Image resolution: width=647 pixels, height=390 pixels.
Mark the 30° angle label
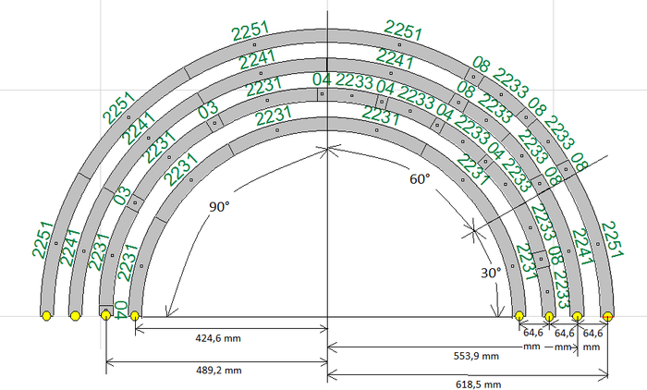490,273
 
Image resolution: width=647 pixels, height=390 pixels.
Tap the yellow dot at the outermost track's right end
607,316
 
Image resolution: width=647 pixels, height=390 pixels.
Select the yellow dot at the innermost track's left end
135,316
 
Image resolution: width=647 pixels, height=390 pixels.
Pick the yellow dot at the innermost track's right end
519,316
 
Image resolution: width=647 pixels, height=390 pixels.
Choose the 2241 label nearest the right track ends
582,249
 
